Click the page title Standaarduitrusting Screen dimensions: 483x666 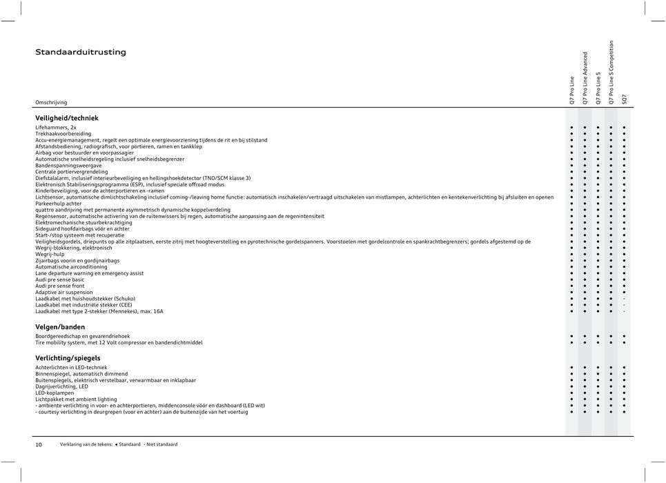81,52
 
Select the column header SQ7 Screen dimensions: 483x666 625,99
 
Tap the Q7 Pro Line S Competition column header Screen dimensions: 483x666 611,72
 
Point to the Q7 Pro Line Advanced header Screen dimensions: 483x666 585,77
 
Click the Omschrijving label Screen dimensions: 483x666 52,102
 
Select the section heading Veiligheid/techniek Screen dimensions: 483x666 67,118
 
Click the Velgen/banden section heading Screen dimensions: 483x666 60,326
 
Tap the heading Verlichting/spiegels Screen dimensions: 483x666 68,358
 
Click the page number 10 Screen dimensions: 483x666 39,445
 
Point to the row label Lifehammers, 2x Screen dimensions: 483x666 56,128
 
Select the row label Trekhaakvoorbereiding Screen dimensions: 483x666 63,134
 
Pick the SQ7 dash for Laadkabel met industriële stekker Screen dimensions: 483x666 625,304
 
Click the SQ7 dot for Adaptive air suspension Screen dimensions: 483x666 625,292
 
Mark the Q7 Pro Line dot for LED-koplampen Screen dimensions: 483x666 572,393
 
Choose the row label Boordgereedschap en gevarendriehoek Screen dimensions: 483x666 82,336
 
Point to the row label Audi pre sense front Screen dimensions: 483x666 60,286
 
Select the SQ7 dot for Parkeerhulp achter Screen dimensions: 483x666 625,204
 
